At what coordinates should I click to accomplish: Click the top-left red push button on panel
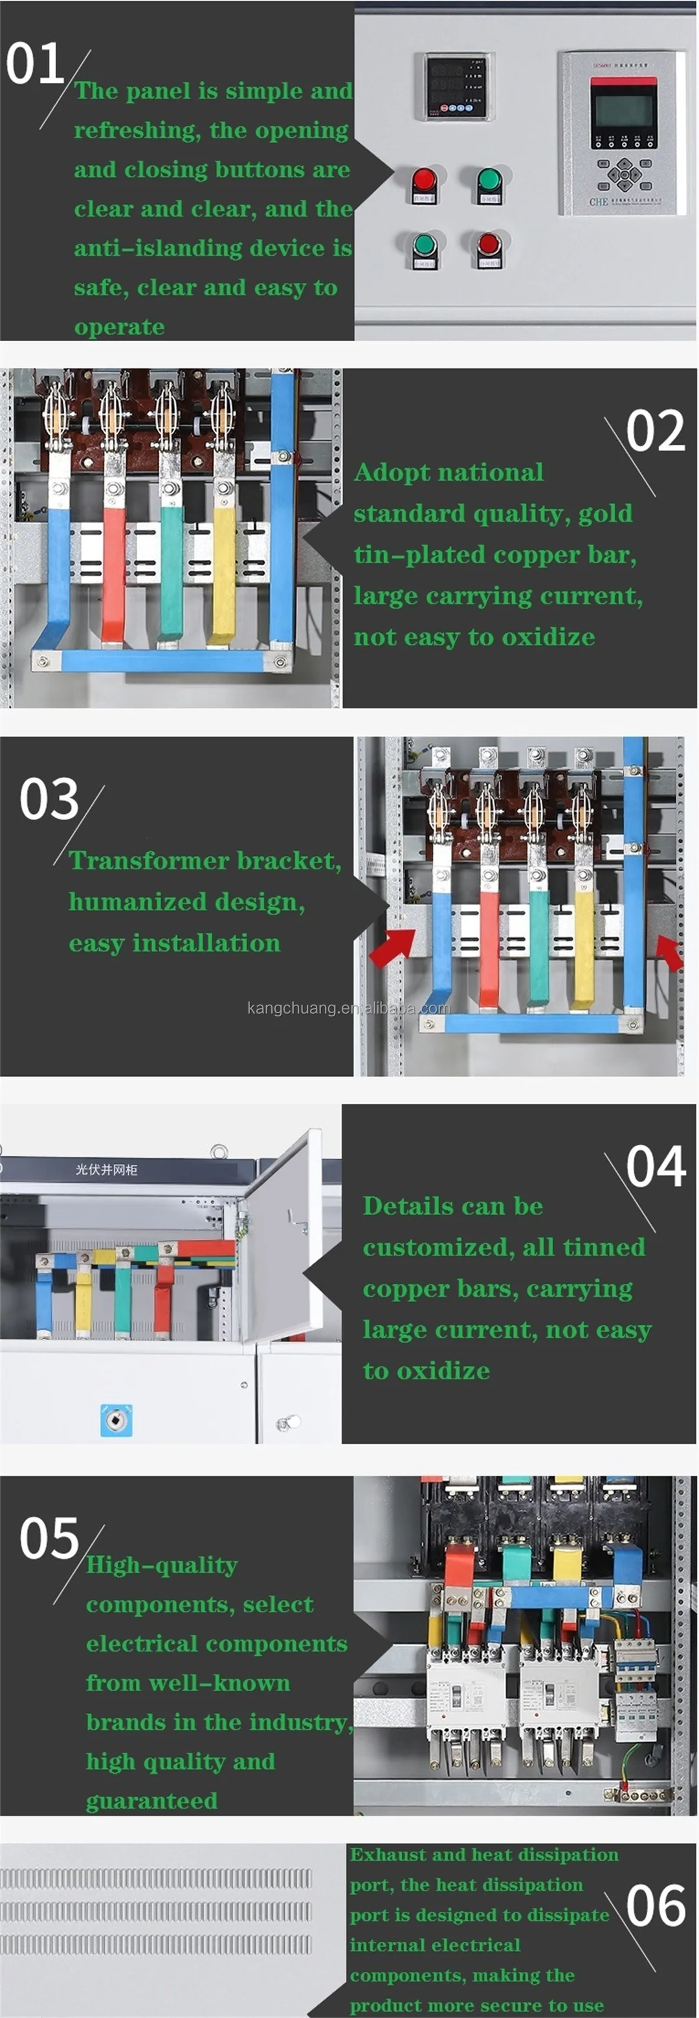pos(423,180)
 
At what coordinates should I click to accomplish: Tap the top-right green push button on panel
pos(489,180)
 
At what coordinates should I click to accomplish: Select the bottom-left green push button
pos(423,245)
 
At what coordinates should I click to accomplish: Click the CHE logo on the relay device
pos(598,201)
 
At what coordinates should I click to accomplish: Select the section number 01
pos(34,64)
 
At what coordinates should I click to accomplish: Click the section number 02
pos(656,432)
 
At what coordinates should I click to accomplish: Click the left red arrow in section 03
pos(393,947)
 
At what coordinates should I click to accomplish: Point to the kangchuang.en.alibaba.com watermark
pos(348,1008)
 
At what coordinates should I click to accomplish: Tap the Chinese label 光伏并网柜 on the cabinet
pos(106,1170)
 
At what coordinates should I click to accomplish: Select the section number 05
pos(49,1538)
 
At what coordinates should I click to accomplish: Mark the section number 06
pos(656,1907)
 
